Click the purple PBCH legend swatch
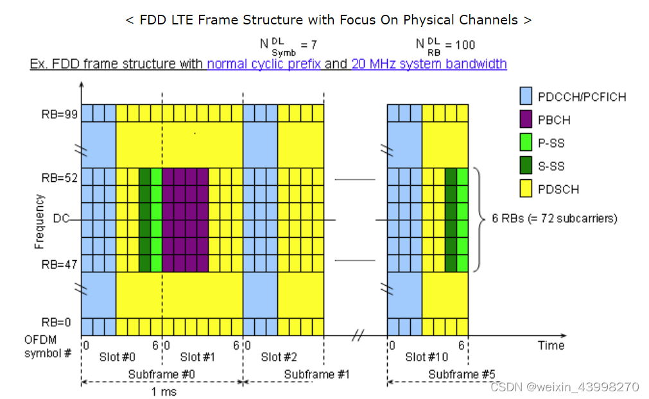point(528,120)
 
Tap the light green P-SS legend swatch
point(528,143)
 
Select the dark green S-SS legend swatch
point(528,166)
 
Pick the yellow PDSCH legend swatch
point(528,189)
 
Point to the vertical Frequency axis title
point(40,220)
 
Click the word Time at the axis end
point(551,345)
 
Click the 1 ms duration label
point(162,391)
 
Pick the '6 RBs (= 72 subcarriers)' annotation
point(554,218)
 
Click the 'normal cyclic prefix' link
point(264,64)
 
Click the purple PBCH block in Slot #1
point(185,220)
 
